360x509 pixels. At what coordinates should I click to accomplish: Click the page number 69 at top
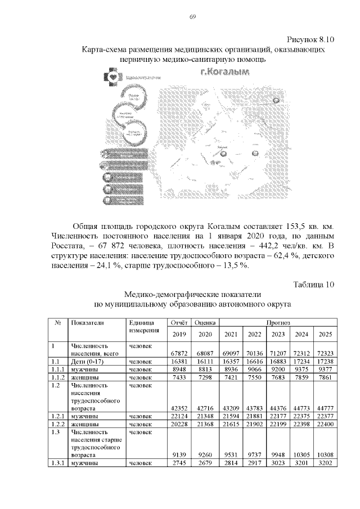(192, 17)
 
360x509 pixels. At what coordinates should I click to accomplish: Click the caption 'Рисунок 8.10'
(311, 39)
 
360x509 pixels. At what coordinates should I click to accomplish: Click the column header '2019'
(178, 334)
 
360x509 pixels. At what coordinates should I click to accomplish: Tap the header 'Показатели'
(87, 323)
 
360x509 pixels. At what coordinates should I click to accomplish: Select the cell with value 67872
(178, 353)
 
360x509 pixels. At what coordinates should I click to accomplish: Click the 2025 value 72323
(325, 353)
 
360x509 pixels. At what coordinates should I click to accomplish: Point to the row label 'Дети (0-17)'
(86, 361)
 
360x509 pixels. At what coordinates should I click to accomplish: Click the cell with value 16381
(178, 361)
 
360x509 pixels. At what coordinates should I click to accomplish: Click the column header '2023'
(277, 334)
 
